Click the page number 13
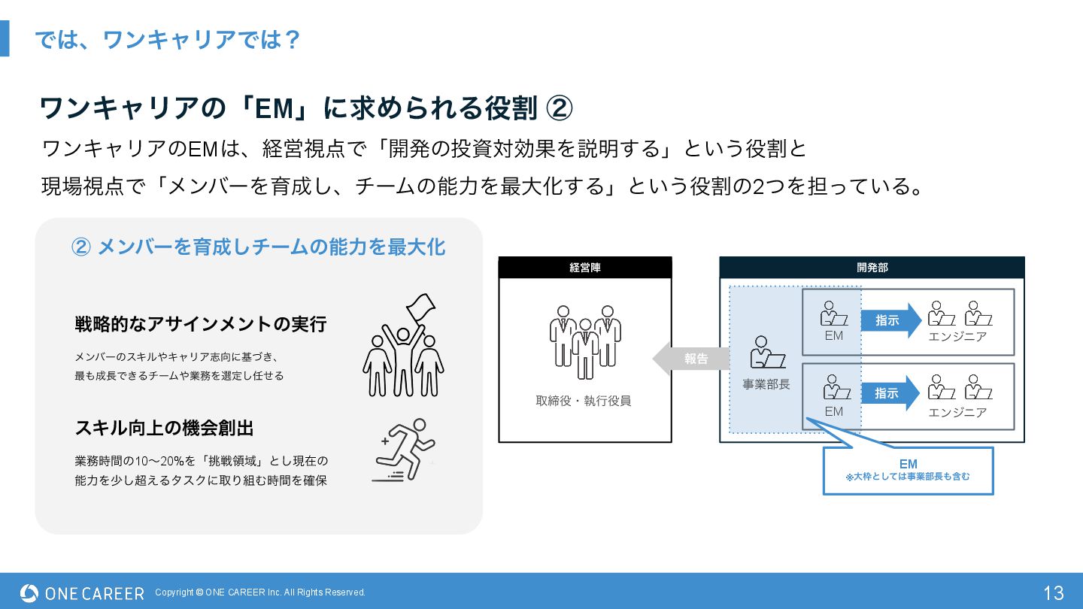[x=1053, y=592]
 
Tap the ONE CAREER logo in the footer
[x=82, y=593]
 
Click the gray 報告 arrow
[x=691, y=359]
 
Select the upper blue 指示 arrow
[x=891, y=320]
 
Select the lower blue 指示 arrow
[x=891, y=393]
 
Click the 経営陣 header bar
[x=584, y=268]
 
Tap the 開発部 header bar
[x=872, y=268]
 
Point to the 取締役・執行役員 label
[x=584, y=401]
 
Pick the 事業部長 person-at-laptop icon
[x=766, y=353]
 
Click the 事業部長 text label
[x=766, y=384]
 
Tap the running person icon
[x=405, y=450]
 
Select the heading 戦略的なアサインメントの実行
[x=201, y=324]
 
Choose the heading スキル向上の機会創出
[x=165, y=428]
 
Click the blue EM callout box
[x=908, y=471]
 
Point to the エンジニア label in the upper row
[x=957, y=336]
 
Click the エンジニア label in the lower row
[x=957, y=412]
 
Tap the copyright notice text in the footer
[x=260, y=592]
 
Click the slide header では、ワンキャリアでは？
[x=168, y=39]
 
